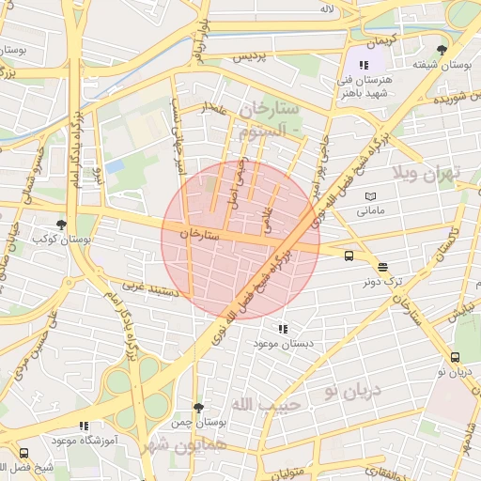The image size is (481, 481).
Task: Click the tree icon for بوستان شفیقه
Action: [442, 50]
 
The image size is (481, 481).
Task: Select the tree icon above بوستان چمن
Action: [197, 407]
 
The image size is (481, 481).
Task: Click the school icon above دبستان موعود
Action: [282, 329]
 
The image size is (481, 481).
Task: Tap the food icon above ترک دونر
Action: [382, 267]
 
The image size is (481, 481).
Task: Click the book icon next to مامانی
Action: [370, 195]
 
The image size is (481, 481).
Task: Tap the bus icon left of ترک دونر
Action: [349, 255]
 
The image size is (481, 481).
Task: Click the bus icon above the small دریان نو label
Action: [456, 357]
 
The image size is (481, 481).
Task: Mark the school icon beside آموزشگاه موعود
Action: [85, 426]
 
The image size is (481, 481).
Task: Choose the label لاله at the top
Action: [327, 8]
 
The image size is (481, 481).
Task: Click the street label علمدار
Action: [215, 109]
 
